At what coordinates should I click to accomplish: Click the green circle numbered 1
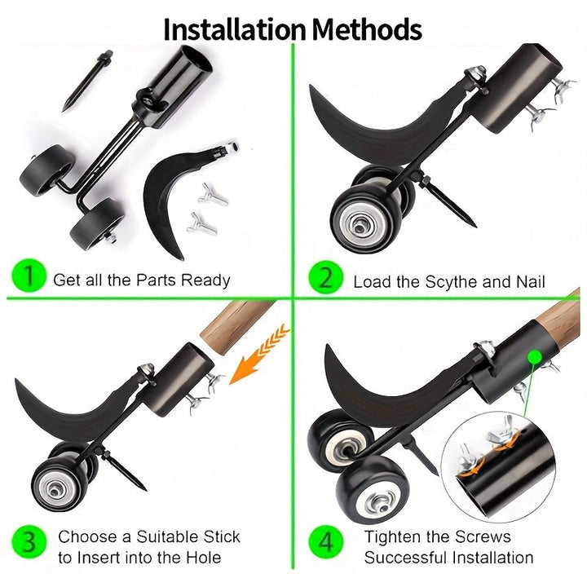[x=29, y=276]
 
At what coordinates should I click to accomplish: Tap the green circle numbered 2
[x=326, y=279]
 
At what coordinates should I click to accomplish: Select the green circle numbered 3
[x=29, y=542]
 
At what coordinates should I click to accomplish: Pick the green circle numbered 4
[x=326, y=542]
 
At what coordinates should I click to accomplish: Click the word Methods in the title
[x=367, y=29]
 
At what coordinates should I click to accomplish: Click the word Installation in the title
[x=235, y=29]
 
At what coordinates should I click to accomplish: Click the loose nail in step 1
[x=87, y=81]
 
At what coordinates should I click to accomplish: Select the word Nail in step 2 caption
[x=531, y=281]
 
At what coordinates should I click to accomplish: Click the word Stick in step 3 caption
[x=222, y=536]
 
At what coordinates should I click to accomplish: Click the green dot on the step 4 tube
[x=535, y=357]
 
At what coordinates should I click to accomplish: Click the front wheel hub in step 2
[x=360, y=226]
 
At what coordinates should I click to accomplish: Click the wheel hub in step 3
[x=55, y=490]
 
